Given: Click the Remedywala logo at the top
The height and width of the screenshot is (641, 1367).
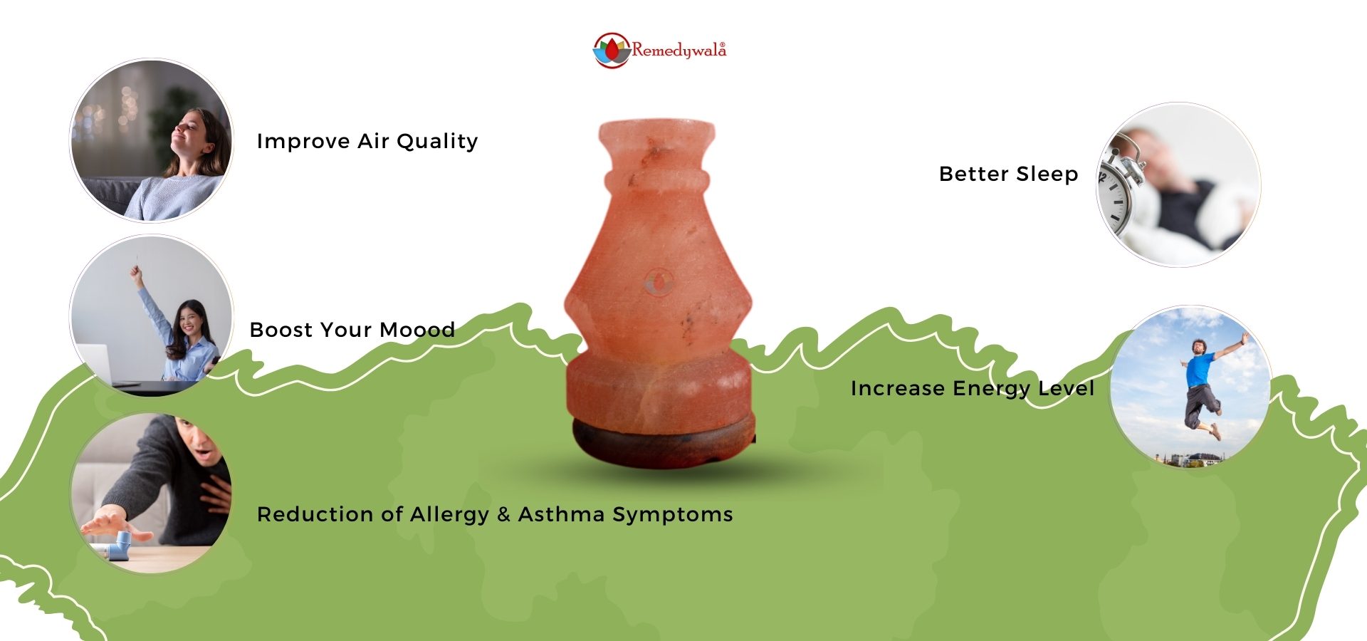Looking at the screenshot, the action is point(659,51).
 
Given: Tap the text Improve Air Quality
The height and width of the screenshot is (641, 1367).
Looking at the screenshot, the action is point(367,141).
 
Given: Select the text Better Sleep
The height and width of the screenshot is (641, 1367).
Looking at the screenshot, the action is point(1008,174).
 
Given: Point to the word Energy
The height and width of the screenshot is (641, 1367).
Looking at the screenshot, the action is point(991,389).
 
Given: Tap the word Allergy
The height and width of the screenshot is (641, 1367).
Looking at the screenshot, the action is point(450,515).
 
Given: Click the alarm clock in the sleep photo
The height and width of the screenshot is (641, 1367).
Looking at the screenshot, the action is point(1119,189).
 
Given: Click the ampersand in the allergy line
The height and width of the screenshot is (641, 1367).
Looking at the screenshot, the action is point(504,514).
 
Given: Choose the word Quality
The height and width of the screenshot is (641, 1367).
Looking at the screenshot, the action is point(437,142).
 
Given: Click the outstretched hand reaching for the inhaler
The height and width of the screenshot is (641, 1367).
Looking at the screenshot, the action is point(114,523).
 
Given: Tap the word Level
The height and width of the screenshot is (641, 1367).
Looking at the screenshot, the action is point(1066,388).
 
